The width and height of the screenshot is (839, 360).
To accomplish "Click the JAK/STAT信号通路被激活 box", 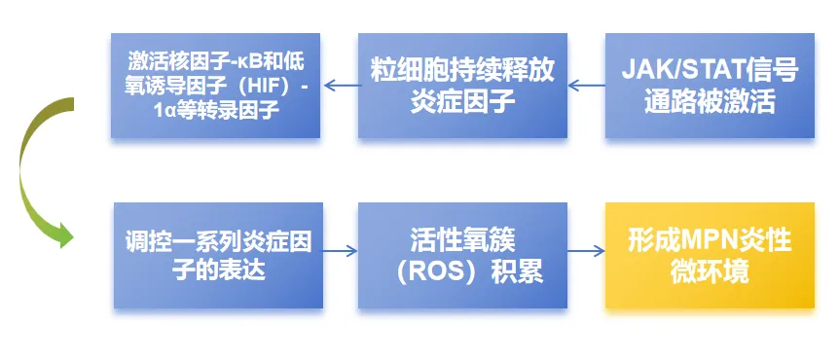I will click(710, 86).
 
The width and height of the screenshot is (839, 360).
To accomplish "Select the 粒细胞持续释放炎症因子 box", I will click(462, 86).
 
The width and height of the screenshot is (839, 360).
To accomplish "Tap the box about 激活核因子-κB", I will click(214, 86).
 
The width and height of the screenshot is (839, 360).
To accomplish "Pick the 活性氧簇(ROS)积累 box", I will click(462, 256).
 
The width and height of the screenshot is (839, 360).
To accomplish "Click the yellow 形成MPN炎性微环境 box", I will click(710, 256).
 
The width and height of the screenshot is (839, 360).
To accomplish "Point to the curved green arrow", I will click(39, 170).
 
